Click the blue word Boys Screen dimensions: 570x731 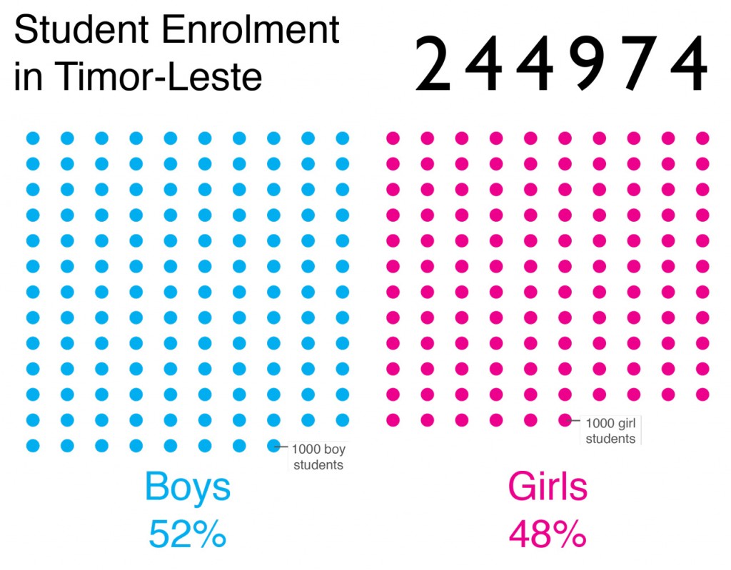coord(188,487)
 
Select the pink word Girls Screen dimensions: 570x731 coord(548,487)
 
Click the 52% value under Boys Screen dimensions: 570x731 coord(188,534)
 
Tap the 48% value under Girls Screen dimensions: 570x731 coord(548,534)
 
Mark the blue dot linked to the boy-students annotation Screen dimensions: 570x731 coord(273,446)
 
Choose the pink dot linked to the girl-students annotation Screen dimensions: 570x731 coord(565,420)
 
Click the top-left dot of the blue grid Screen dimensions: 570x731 coord(33,138)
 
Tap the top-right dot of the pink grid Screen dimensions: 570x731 coord(702,138)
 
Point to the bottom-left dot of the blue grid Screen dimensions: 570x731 coord(33,446)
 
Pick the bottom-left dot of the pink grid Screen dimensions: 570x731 coord(393,420)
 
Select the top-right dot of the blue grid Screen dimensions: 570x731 coord(343,138)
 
